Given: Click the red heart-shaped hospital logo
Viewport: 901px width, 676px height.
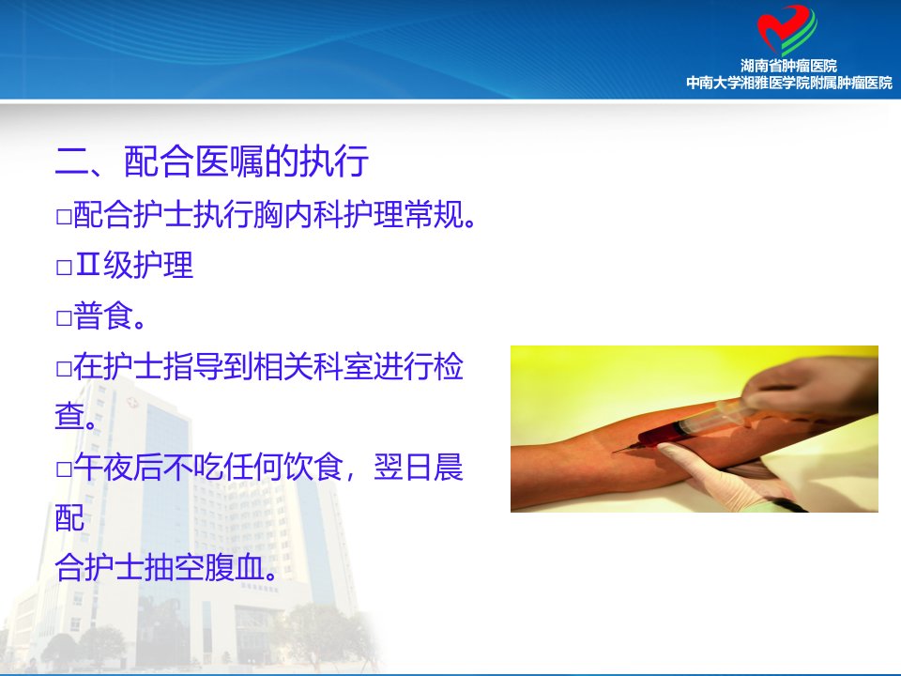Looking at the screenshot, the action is pos(786,30).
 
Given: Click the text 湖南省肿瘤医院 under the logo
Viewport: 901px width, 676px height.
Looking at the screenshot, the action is pos(788,66).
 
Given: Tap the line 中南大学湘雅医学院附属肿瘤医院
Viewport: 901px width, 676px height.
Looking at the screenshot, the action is pos(789,83).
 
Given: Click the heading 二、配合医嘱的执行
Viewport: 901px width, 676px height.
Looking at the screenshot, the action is pos(212,161).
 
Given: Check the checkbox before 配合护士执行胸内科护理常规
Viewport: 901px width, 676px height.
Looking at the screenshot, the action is pos(64,217).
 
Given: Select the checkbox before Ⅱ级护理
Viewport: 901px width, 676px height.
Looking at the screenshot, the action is pos(64,268).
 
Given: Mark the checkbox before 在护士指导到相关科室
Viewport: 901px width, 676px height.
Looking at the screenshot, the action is pos(64,368).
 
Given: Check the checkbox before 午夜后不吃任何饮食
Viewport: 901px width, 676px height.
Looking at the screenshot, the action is pos(64,469).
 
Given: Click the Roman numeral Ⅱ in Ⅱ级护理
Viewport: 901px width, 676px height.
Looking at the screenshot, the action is pos(87,265).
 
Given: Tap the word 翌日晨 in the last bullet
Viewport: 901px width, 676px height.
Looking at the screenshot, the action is pos(419,467).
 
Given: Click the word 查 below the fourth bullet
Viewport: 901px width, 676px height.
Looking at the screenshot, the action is pos(70,416).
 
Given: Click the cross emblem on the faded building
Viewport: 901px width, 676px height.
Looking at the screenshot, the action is pos(132,403).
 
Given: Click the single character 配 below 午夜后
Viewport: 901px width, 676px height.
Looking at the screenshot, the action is pos(70,517).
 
